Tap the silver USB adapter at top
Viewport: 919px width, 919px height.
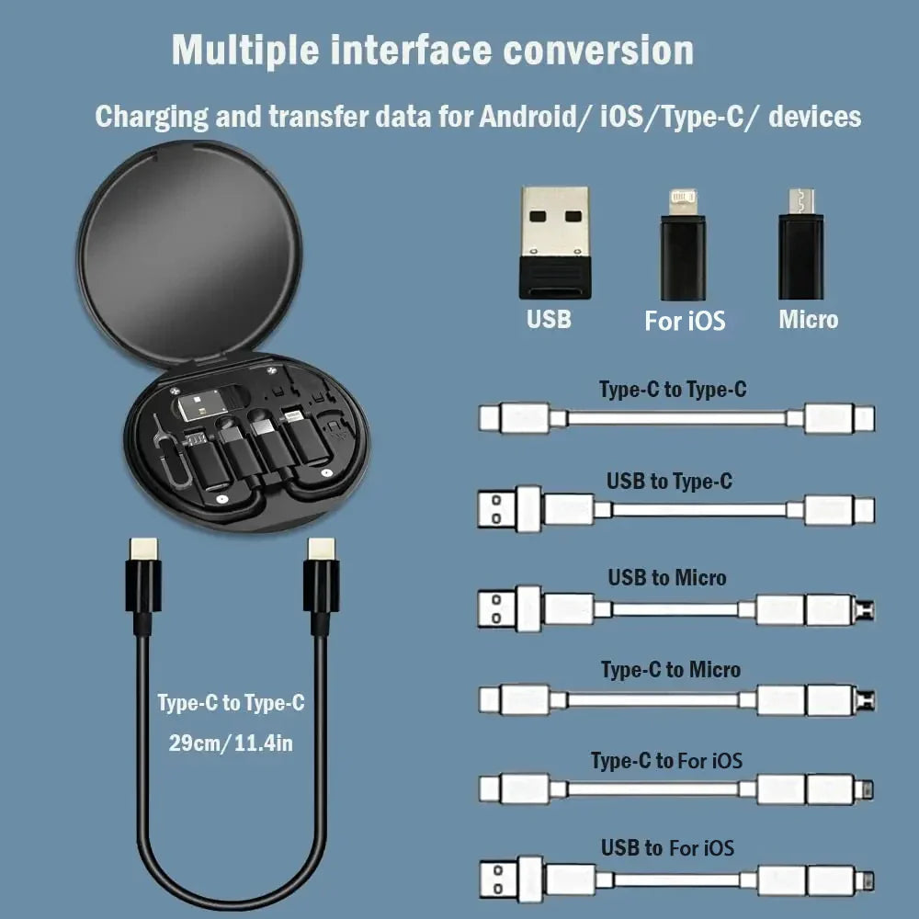tap(554, 242)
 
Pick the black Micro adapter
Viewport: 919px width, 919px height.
tap(800, 244)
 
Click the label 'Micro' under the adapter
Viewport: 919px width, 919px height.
tap(808, 320)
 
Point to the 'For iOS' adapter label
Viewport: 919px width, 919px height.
tap(685, 321)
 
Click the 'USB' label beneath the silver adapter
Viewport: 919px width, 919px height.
tap(549, 319)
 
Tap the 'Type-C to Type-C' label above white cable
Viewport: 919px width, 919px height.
tap(673, 390)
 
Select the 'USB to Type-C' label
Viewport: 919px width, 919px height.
tap(669, 481)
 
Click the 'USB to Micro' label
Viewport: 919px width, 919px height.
tap(666, 577)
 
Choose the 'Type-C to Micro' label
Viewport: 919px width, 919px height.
tap(670, 669)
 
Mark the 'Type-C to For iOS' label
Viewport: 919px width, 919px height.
tap(666, 760)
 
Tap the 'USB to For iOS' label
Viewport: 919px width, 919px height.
tap(667, 847)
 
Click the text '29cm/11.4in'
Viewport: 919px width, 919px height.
tap(230, 743)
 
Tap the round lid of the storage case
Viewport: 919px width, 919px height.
tap(189, 248)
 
